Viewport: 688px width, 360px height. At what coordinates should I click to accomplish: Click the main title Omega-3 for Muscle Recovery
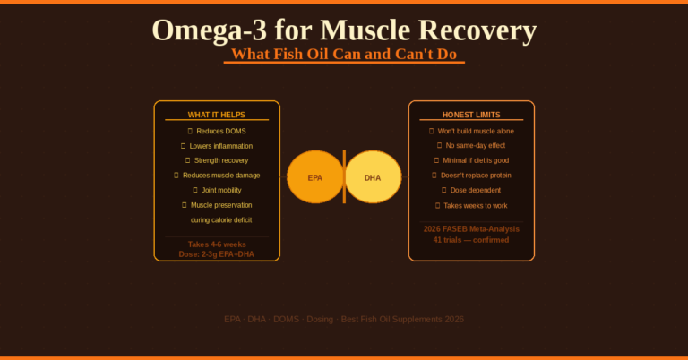pos(344,30)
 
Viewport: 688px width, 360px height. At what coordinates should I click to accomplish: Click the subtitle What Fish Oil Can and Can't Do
pos(344,54)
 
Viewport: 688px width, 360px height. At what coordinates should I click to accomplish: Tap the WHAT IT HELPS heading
pos(216,115)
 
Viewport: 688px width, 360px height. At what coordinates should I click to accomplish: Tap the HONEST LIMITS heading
pos(471,115)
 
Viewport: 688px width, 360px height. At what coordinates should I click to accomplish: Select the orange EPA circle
pos(314,177)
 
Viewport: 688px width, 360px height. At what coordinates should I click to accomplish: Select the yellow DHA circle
pos(374,177)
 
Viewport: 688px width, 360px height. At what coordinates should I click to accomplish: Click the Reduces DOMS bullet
pos(220,131)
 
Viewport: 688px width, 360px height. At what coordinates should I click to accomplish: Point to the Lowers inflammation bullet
pos(220,146)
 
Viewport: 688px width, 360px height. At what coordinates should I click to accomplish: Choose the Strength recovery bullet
pos(220,160)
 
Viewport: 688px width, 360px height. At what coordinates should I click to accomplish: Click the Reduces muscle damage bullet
pos(220,176)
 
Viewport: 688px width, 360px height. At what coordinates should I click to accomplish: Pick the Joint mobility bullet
pos(220,190)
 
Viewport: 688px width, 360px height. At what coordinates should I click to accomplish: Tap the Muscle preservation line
pos(220,205)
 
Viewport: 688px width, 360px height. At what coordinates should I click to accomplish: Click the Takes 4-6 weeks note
pos(216,244)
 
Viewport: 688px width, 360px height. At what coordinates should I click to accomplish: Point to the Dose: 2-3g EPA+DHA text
pos(216,254)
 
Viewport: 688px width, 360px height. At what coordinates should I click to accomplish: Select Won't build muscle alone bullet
pos(476,131)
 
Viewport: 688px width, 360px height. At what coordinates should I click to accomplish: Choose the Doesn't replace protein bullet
pos(476,176)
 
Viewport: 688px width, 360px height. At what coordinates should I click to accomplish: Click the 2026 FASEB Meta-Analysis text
pos(471,229)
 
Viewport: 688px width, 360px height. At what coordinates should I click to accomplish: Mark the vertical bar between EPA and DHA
pos(344,177)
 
